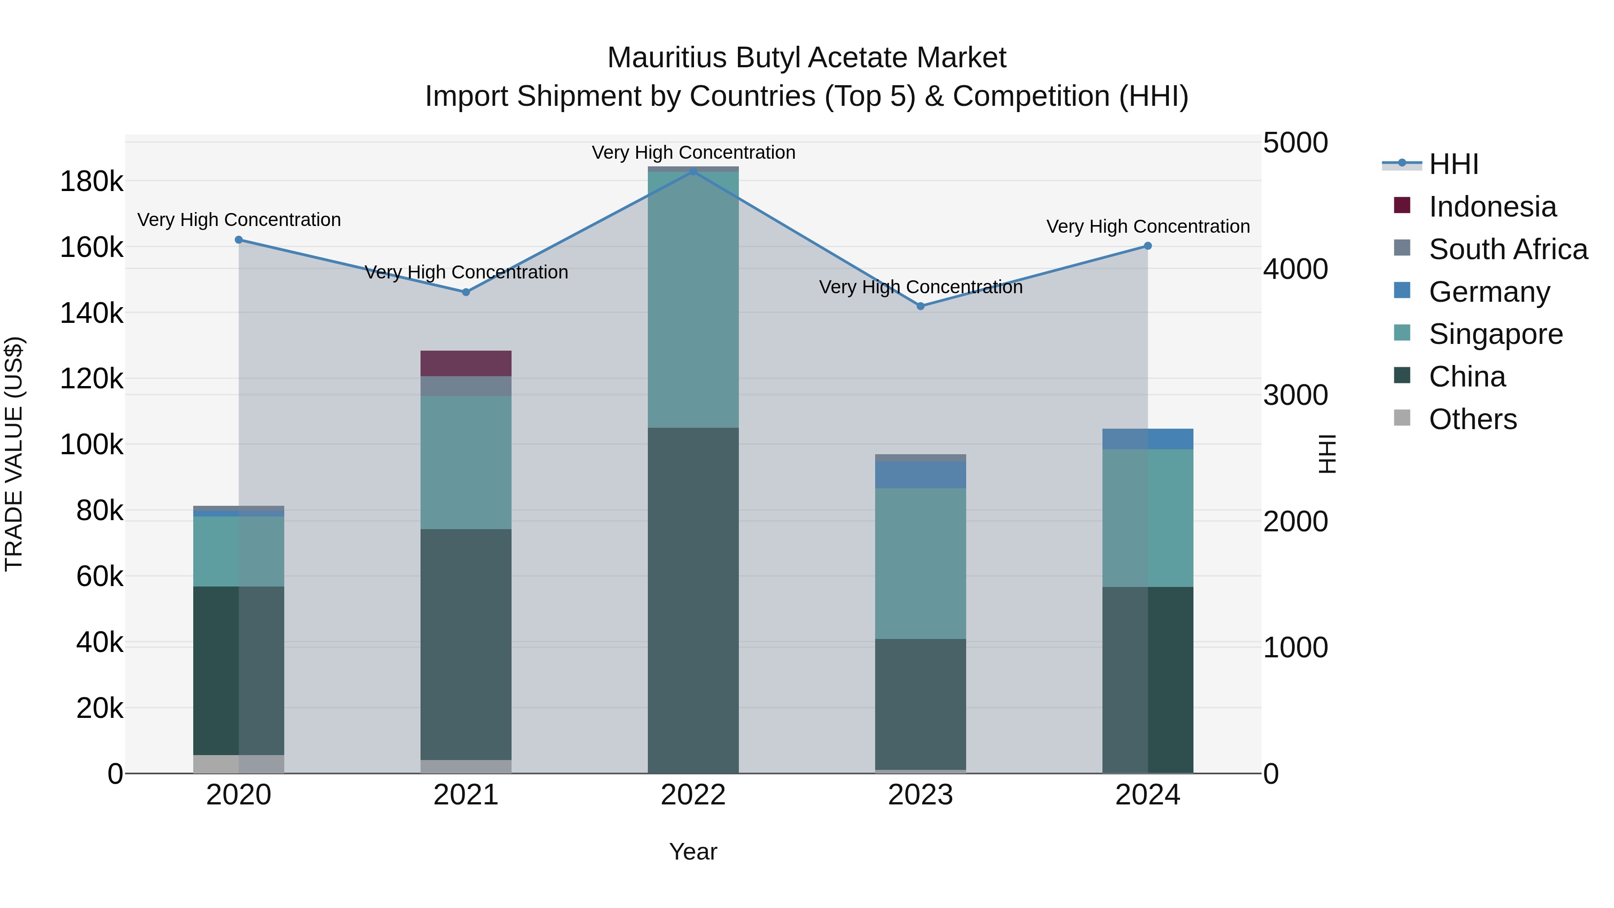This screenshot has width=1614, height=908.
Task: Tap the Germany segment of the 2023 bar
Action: tap(920, 474)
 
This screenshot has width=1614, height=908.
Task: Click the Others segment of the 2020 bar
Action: tap(238, 764)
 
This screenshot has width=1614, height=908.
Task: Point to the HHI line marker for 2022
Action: tap(693, 171)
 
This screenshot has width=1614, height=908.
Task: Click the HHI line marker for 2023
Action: tap(920, 306)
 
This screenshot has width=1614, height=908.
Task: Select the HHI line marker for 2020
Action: tap(238, 239)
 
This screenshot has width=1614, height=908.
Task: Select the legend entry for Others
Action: tap(1472, 419)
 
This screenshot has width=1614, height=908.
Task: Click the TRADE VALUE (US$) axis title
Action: tap(14, 454)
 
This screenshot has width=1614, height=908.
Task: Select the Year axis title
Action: tap(693, 852)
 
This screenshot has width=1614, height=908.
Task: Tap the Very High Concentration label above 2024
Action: tap(1148, 226)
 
